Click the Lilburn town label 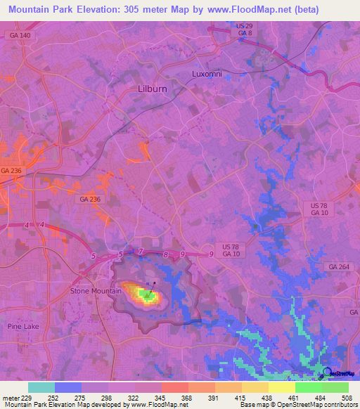[x=148, y=89]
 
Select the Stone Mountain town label [x=96, y=290]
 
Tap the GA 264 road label [x=338, y=267]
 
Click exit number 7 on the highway [x=141, y=252]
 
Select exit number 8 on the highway [x=165, y=254]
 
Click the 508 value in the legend [x=347, y=397]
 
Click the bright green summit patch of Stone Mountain [x=148, y=297]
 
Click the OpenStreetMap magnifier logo [x=326, y=373]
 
